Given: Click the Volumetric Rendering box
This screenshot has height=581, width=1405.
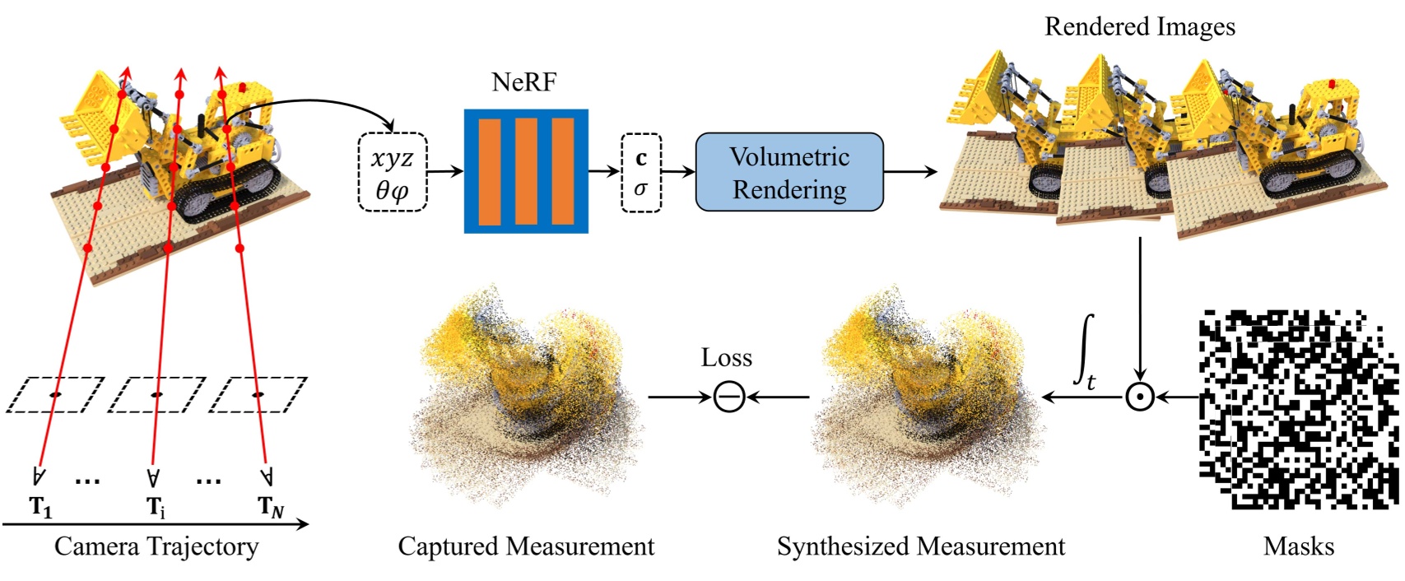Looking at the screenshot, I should click(x=789, y=172).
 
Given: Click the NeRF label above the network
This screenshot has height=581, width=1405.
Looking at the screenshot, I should click(x=524, y=82).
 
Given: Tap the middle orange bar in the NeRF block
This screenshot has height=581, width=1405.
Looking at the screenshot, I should click(x=526, y=171).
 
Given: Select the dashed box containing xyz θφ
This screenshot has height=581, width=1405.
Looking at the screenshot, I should click(x=393, y=172).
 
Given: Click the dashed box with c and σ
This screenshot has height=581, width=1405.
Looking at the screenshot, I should click(x=640, y=173).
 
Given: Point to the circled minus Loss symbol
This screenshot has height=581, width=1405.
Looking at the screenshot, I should click(x=728, y=397).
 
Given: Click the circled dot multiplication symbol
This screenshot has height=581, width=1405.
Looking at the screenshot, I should click(x=1139, y=397).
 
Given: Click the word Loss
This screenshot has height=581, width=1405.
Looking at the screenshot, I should click(x=726, y=358).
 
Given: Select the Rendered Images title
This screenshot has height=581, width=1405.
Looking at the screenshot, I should click(x=1139, y=27).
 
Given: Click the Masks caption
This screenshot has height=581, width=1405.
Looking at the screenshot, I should click(x=1298, y=546).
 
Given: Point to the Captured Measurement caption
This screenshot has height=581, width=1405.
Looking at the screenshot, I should click(x=526, y=546).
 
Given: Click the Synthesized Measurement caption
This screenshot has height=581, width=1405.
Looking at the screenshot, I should click(x=920, y=546).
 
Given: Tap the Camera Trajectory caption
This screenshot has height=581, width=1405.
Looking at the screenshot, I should click(x=156, y=546).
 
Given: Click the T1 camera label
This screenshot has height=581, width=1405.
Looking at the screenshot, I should click(x=41, y=507).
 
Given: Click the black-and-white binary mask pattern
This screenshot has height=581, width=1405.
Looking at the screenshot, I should click(x=1298, y=409).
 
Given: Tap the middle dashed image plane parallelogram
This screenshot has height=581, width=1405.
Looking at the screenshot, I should click(x=156, y=395).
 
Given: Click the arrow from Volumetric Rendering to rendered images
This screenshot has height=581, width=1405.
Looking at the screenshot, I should click(x=910, y=172).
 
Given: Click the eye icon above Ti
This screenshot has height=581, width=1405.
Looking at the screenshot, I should click(x=153, y=477).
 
